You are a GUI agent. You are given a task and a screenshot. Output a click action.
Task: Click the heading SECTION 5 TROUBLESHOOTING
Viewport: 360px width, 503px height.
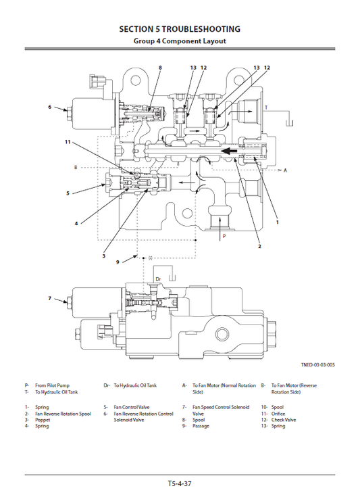coord(180,29)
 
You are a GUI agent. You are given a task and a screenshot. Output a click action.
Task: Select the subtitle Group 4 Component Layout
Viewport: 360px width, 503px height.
coord(180,41)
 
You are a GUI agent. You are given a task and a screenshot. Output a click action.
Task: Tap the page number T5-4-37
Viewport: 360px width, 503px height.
coord(180,483)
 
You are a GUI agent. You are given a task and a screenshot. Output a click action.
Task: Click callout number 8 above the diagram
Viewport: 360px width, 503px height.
coord(160,68)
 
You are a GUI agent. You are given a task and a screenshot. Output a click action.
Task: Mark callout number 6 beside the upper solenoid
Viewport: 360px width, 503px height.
coord(49,107)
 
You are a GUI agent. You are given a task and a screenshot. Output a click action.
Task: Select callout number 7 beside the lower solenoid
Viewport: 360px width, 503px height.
coord(49,298)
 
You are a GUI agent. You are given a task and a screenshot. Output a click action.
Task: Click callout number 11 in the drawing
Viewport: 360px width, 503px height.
coord(68,142)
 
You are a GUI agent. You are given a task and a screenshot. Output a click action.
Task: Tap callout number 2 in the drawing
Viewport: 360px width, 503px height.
coord(259,247)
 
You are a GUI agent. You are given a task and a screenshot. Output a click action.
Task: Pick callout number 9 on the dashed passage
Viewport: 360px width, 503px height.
coord(117,262)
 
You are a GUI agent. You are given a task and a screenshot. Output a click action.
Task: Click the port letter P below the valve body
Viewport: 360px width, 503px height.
coord(224,237)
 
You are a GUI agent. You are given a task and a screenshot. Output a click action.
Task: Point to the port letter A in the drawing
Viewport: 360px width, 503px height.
coord(285,170)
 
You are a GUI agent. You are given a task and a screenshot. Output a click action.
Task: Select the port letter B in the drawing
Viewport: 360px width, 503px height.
coord(76,166)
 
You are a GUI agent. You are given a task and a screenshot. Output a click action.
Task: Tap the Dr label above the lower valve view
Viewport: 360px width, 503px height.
coord(158,278)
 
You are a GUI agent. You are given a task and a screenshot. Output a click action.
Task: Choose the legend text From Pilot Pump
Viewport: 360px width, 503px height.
coord(53,385)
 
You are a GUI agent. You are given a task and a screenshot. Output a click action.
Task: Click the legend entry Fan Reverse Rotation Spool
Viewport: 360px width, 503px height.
coord(63,413)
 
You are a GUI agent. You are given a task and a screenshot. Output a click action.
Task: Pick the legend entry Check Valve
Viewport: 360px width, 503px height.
coord(283,420)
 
